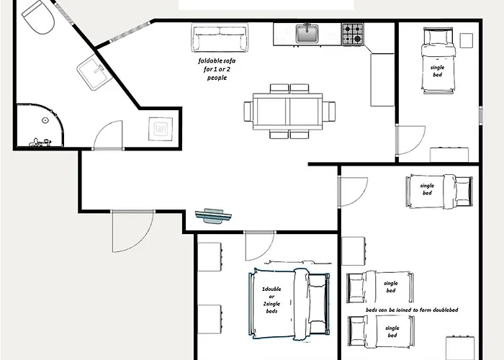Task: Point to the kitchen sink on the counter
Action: pos(307,33)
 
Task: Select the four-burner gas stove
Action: pos(353,34)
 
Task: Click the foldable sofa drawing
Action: pos(220,37)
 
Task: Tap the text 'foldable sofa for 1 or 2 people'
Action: pos(217,69)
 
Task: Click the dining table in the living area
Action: pos(288,111)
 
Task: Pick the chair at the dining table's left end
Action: pos(248,111)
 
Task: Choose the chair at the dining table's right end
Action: pos(329,111)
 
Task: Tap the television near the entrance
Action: pos(213,216)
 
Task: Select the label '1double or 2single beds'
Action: pos(271,300)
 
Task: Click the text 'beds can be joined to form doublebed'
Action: pos(412,310)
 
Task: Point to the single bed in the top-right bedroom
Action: pos(438,60)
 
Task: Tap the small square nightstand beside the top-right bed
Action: pos(466,40)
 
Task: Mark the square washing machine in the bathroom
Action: pos(161,129)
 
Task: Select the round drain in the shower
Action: pos(45,120)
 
